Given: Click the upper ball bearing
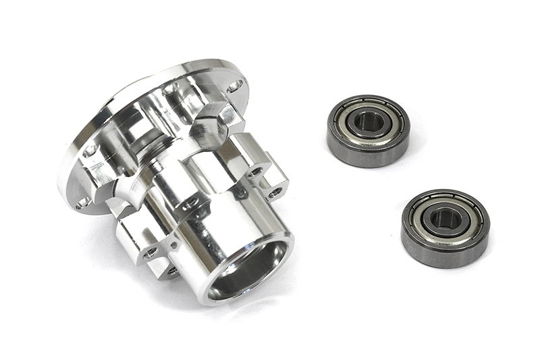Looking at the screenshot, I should [368, 130].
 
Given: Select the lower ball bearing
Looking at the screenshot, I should [445, 228].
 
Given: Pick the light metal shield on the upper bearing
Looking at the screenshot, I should [348, 119].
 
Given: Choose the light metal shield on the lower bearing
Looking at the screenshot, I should [425, 216].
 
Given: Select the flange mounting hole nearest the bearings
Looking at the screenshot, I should [234, 87].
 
